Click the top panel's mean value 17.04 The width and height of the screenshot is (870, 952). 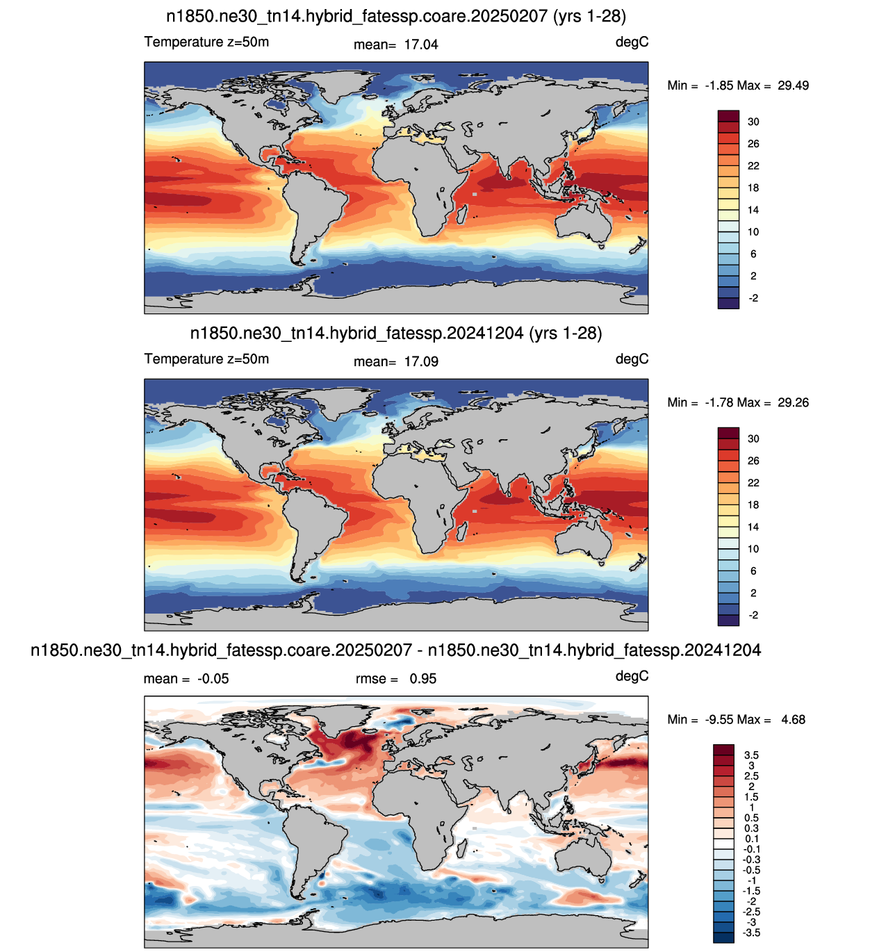[x=420, y=44]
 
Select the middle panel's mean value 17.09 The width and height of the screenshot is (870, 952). [x=420, y=361]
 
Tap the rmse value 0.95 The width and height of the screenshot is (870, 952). [x=422, y=679]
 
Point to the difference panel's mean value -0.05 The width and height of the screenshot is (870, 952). [x=213, y=679]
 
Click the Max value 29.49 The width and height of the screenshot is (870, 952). [x=793, y=85]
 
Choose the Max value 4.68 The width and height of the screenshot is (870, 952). [x=793, y=719]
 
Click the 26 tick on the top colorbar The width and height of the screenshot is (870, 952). [x=753, y=144]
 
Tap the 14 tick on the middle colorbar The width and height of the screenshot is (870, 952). [x=753, y=527]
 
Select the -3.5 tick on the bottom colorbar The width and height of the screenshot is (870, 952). [x=751, y=933]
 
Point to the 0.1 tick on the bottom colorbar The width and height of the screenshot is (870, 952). [x=751, y=839]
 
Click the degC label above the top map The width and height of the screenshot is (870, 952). [x=632, y=42]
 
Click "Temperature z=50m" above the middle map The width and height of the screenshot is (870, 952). [x=206, y=359]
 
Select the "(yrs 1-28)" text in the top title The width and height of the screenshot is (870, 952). [x=589, y=17]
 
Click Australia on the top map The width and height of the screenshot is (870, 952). [x=583, y=222]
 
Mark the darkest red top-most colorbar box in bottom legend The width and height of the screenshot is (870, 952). [x=723, y=750]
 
